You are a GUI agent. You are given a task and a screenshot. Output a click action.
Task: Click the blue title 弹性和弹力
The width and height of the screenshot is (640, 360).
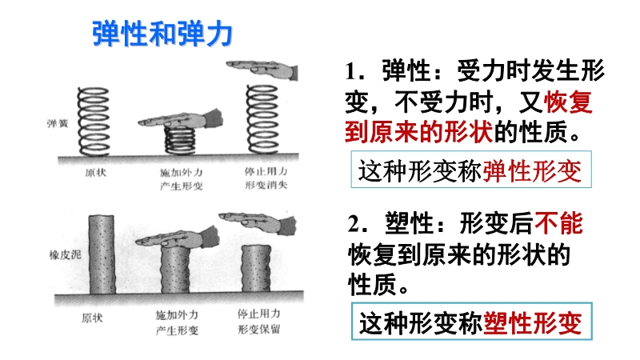pyautogui.click(x=162, y=34)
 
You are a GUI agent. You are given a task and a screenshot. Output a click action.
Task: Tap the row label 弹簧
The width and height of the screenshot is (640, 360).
pyautogui.click(x=58, y=123)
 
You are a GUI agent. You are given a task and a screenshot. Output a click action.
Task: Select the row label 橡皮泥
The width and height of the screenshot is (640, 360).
pyautogui.click(x=66, y=255)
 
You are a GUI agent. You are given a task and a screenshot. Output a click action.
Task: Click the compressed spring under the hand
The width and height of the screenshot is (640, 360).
pyautogui.click(x=180, y=139)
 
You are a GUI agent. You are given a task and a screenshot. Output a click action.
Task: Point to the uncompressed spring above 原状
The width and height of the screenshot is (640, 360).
pyautogui.click(x=94, y=122)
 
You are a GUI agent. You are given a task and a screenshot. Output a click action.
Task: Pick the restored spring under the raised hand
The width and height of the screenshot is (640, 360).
pyautogui.click(x=262, y=119)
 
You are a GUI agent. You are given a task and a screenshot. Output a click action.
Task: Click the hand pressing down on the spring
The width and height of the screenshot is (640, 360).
pyautogui.click(x=181, y=118)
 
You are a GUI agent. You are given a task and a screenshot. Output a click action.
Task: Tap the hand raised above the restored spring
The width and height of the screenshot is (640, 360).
pyautogui.click(x=262, y=70)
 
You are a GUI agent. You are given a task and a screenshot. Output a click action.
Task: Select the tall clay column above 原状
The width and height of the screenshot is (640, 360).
pyautogui.click(x=102, y=254)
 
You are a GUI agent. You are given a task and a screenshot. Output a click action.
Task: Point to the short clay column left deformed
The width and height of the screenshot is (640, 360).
pyautogui.click(x=256, y=269)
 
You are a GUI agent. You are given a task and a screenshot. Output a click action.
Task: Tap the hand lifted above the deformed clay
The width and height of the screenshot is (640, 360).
pyautogui.click(x=258, y=222)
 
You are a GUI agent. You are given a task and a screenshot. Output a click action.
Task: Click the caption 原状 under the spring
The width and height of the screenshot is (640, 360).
pyautogui.click(x=96, y=172)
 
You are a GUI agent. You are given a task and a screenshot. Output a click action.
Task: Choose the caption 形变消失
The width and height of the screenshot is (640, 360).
pyautogui.click(x=266, y=185)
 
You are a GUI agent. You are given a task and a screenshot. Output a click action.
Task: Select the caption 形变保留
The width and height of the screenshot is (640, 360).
pyautogui.click(x=259, y=329)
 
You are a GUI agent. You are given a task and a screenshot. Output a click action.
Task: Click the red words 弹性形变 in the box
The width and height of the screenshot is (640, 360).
pyautogui.click(x=532, y=170)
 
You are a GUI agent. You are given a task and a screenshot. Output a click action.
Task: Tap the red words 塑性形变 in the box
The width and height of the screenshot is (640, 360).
pyautogui.click(x=532, y=323)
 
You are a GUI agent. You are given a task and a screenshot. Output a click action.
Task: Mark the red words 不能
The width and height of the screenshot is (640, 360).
pyautogui.click(x=558, y=223)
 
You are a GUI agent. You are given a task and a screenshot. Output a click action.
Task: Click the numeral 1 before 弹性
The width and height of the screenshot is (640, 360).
pyautogui.click(x=351, y=71)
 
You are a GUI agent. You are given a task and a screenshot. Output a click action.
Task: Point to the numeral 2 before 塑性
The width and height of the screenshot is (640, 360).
pyautogui.click(x=354, y=224)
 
